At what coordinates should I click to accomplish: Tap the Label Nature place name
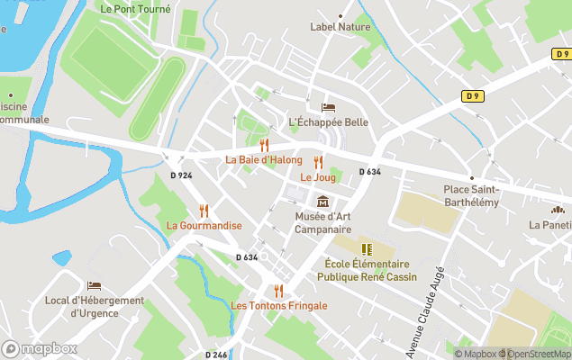(x=340, y=27)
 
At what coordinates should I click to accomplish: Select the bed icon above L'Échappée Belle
(x=328, y=107)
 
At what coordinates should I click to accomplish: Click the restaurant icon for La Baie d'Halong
(x=264, y=145)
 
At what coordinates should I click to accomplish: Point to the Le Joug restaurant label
(x=317, y=177)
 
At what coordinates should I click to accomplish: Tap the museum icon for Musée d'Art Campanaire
(x=322, y=201)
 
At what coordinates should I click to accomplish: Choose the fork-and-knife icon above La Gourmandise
(x=204, y=211)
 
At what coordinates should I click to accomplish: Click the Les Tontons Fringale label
(x=278, y=306)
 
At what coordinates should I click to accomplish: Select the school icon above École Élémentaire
(x=366, y=249)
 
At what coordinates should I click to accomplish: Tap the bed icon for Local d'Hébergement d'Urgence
(x=95, y=285)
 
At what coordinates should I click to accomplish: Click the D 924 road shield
(x=180, y=175)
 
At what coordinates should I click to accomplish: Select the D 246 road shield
(x=215, y=354)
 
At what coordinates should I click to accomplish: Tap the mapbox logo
(x=40, y=348)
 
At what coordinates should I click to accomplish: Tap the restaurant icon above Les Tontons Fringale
(x=278, y=291)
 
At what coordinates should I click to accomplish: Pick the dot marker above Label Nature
(x=340, y=15)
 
